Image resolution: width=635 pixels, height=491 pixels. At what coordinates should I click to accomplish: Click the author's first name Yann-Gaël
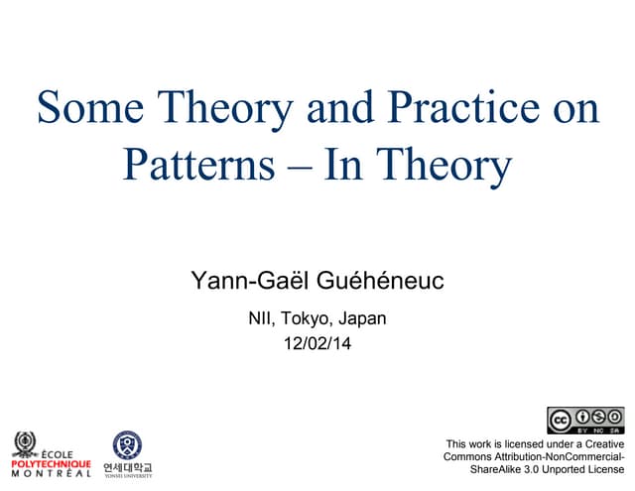[x=250, y=282]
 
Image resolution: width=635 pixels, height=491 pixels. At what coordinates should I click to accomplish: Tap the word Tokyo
[x=307, y=319]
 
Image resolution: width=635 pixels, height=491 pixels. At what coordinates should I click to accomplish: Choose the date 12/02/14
[x=317, y=345]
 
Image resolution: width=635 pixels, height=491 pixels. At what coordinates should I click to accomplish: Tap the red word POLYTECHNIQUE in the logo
[x=51, y=463]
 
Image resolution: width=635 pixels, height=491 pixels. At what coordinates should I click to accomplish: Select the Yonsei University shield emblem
[x=127, y=443]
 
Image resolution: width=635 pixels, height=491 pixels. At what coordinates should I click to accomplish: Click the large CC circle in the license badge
[x=562, y=420]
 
